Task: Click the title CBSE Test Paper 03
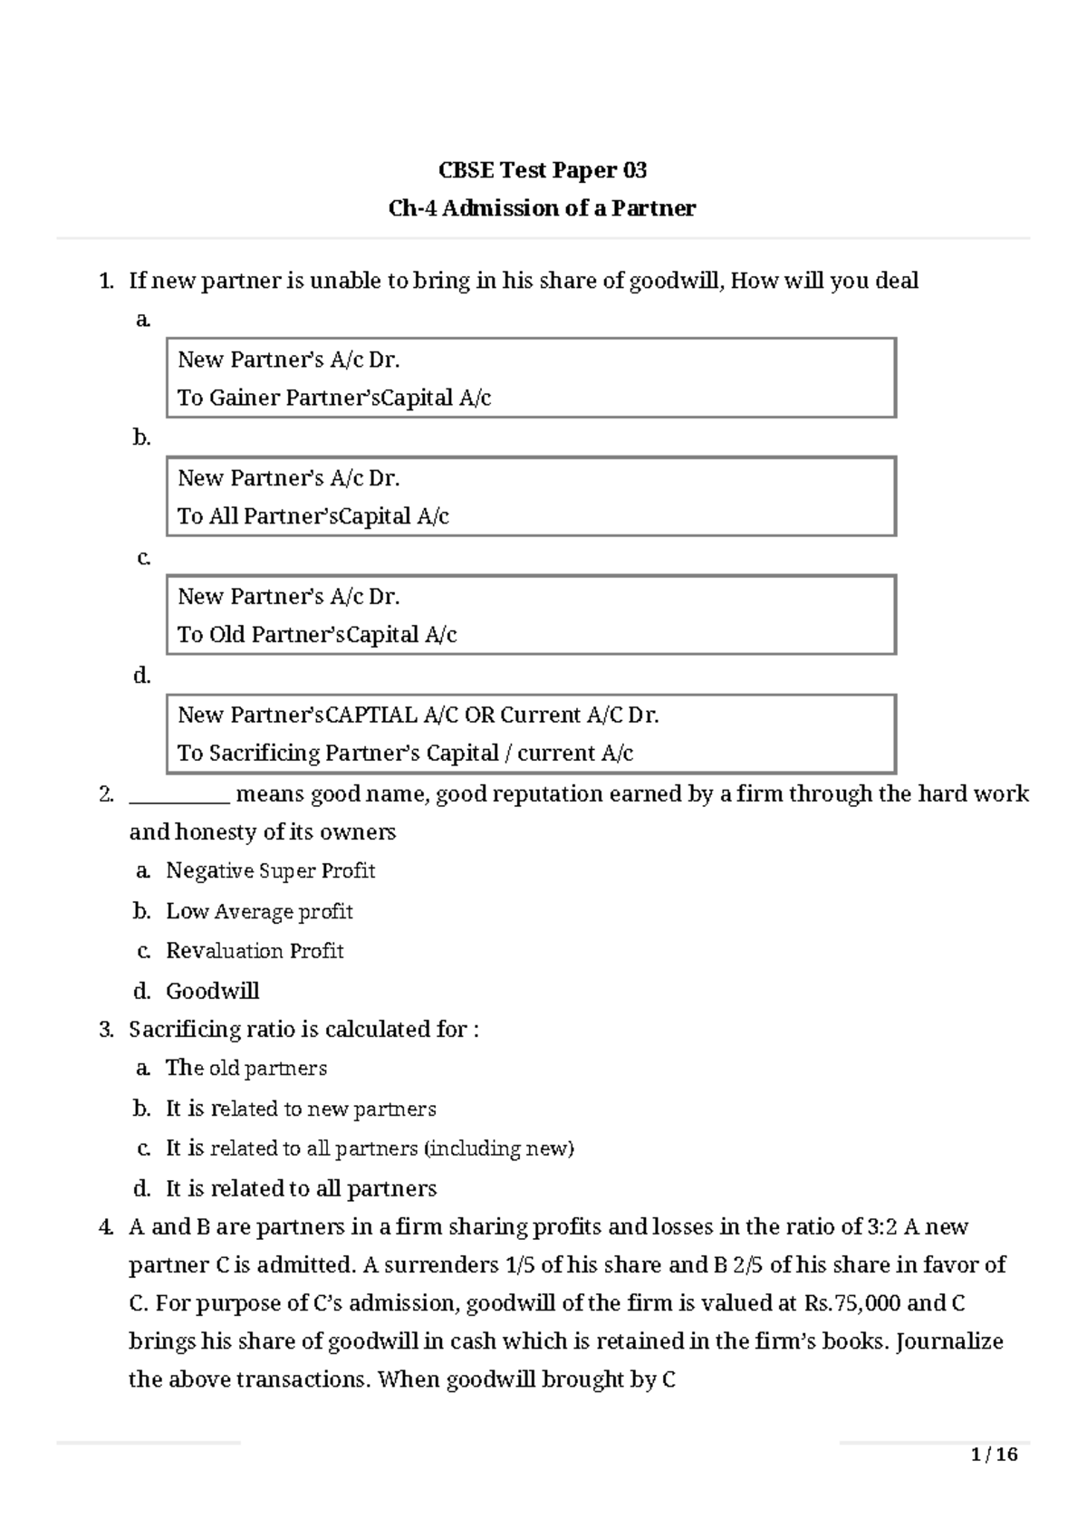coord(543,170)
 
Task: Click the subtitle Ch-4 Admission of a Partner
coord(543,208)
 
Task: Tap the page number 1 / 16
coord(994,1455)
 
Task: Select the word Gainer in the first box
coord(245,398)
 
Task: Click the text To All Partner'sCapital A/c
coord(313,516)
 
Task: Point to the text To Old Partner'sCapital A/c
coord(316,635)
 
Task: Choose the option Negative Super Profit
coord(270,871)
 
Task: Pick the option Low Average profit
coord(259,911)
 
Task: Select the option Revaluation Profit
coord(255,951)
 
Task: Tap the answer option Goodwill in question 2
coord(212,991)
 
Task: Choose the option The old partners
coord(245,1069)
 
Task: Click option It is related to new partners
coord(300,1110)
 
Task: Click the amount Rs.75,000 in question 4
coord(851,1304)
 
